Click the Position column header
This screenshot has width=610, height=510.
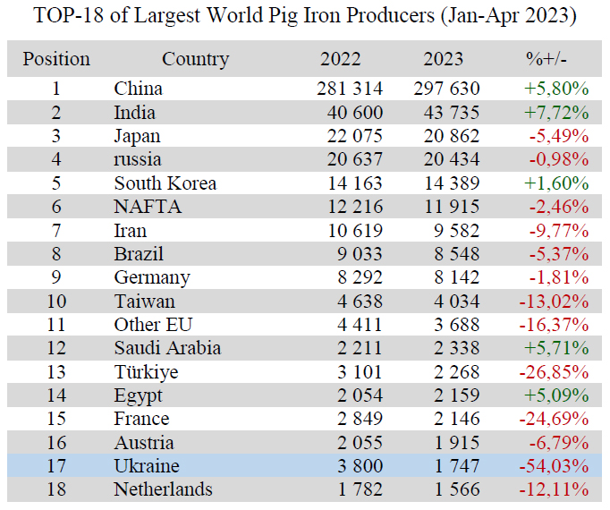point(56,60)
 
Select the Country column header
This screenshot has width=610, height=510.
point(195,60)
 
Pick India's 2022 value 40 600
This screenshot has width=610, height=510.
point(350,113)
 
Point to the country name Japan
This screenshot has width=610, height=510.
point(137,136)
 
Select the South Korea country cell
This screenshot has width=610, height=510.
point(165,183)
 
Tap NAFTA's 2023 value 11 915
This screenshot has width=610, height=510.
point(452,207)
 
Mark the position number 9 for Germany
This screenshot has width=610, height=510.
point(56,277)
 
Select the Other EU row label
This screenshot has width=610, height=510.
point(151,325)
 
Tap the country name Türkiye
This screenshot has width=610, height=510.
point(146,372)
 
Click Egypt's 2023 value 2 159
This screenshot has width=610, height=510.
point(456,395)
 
